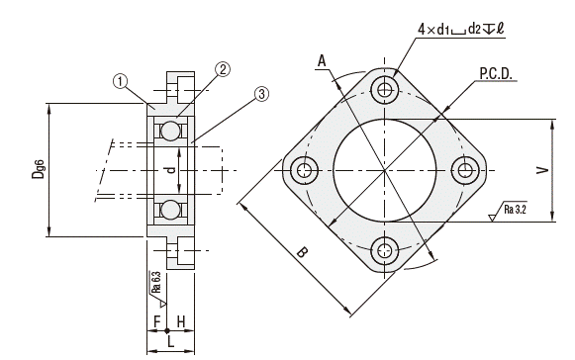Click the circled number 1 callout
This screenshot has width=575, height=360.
[x=121, y=81]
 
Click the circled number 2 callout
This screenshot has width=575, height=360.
[x=223, y=69]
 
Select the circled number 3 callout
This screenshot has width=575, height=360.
[x=261, y=94]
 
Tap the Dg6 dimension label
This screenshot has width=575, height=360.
[x=39, y=169]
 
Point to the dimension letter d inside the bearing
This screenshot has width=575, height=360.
[x=170, y=170]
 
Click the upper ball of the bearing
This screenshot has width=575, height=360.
[x=170, y=131]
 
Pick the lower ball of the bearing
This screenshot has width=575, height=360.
[x=170, y=210]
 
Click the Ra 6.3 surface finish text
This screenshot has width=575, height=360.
[x=156, y=282]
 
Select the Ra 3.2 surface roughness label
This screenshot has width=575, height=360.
[x=516, y=210]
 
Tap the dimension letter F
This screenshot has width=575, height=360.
[x=157, y=321]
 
